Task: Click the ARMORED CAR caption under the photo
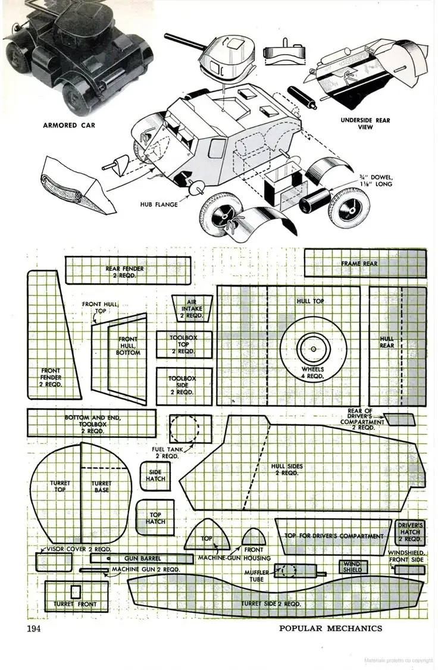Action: coord(68,126)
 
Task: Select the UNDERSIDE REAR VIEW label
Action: coord(365,123)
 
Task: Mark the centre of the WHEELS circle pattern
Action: coord(313,345)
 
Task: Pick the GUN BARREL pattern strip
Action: coord(134,559)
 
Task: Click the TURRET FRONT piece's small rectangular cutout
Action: coord(75,592)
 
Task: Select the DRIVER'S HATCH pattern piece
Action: coord(411,532)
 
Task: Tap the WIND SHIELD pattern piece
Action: coord(352,566)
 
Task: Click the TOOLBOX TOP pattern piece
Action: coord(184,345)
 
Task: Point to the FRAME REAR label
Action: coord(359,263)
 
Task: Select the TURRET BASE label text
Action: coord(102,486)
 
